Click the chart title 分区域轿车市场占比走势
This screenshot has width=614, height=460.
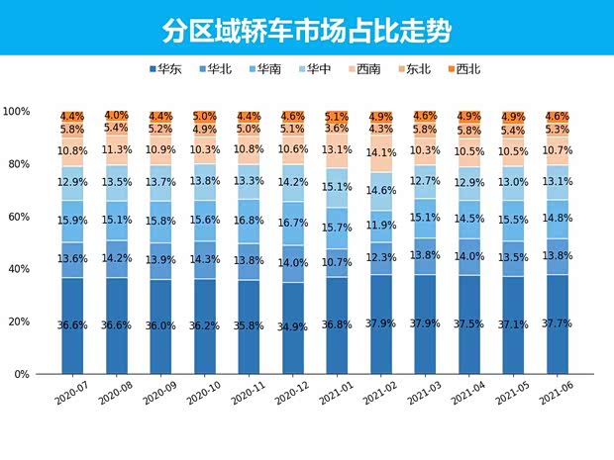click(x=307, y=30)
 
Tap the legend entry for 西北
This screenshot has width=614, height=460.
click(x=463, y=69)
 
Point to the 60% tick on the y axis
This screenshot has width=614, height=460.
click(x=17, y=217)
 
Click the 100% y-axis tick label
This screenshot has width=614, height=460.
click(x=15, y=112)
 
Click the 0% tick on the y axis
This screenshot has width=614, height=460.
click(x=20, y=375)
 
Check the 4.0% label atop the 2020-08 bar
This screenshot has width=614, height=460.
click(x=117, y=116)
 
